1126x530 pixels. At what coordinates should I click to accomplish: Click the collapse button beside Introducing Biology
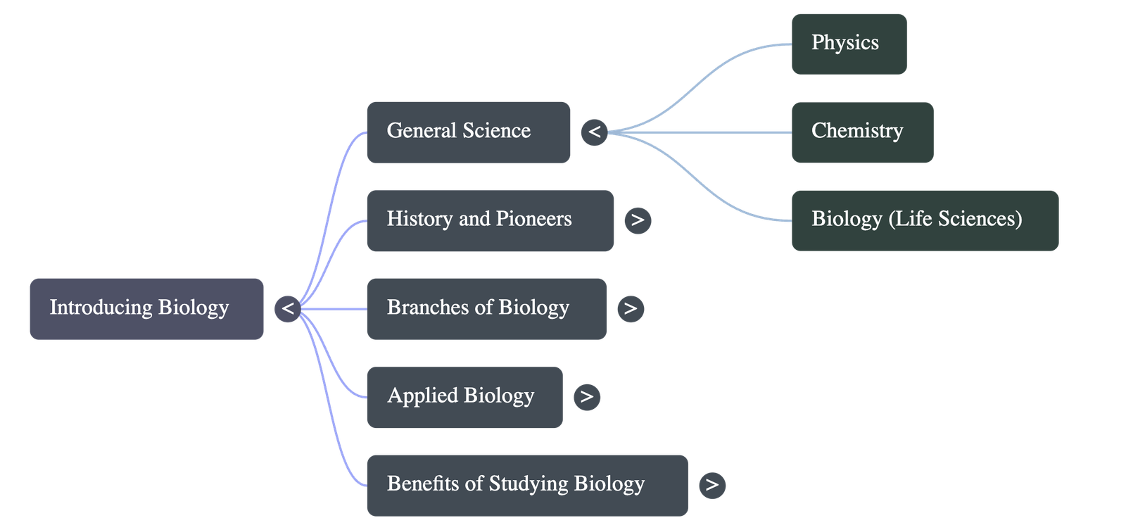(287, 308)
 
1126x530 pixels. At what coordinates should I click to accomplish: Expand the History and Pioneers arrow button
(638, 220)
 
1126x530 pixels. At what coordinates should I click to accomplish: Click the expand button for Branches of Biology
(631, 308)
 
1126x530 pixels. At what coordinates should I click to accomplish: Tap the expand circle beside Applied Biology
(587, 397)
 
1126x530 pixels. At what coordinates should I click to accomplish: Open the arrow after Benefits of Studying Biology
(712, 485)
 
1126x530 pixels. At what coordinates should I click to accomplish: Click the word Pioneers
(533, 219)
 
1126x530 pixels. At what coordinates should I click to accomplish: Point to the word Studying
(528, 484)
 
